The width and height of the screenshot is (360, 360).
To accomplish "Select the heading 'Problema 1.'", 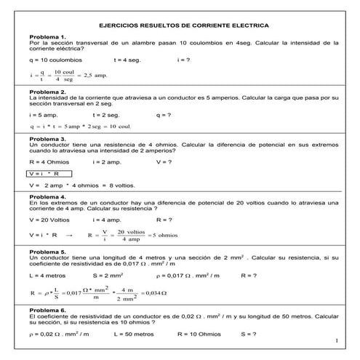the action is click(48, 36).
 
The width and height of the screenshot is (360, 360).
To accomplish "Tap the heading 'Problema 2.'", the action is click(48, 92).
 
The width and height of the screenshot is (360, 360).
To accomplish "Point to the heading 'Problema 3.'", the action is click(48, 137).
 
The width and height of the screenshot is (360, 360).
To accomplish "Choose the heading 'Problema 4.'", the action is click(48, 196).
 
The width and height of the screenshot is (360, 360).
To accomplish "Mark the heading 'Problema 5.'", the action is click(48, 251).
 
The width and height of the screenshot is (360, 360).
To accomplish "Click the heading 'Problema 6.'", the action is click(48, 310).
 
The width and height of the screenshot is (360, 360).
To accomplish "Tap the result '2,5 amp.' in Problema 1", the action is click(95, 75).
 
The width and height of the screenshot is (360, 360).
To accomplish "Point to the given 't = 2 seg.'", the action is click(107, 114).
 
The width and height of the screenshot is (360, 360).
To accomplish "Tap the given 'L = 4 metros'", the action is click(48, 276).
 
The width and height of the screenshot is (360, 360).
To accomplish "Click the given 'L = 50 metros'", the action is click(135, 334).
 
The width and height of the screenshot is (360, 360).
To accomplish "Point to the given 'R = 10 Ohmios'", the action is click(199, 334).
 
